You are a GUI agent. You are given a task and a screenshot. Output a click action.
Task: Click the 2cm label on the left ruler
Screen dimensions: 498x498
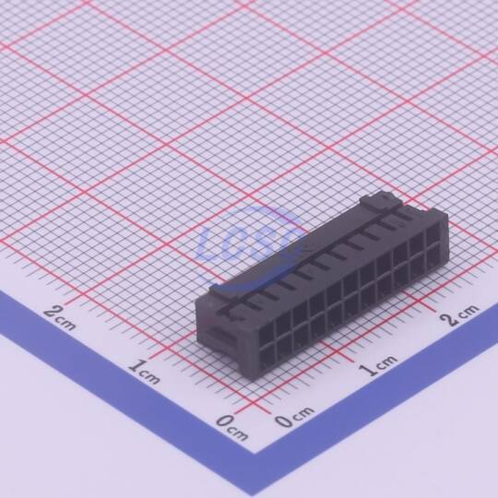point(59,316)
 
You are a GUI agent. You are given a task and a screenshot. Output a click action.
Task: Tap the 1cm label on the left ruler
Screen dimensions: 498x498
point(144,371)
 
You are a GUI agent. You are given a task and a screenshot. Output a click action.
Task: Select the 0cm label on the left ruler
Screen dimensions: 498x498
point(231,427)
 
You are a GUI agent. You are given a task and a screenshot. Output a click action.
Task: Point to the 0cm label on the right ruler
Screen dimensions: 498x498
point(294,416)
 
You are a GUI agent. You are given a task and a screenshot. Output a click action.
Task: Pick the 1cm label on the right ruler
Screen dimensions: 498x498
point(378,365)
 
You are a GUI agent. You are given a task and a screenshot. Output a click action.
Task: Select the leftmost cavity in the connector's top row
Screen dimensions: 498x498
point(267,330)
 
